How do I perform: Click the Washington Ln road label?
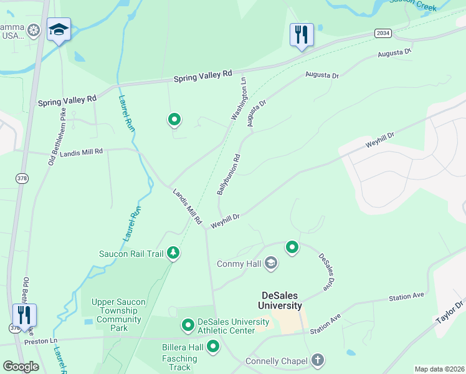(239, 97)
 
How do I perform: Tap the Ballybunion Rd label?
(228, 175)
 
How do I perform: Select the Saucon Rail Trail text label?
(131, 254)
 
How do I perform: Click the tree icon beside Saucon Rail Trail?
(174, 253)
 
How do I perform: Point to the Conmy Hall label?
(239, 264)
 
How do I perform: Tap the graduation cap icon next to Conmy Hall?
(270, 264)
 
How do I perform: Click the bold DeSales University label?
(281, 300)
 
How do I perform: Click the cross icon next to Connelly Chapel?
(318, 360)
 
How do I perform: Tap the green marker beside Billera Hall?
(213, 346)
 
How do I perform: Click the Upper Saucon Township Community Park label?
(118, 315)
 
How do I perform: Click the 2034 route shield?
(383, 32)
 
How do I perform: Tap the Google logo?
(21, 367)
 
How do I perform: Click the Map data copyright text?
(439, 369)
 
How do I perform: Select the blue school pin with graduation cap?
(59, 31)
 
